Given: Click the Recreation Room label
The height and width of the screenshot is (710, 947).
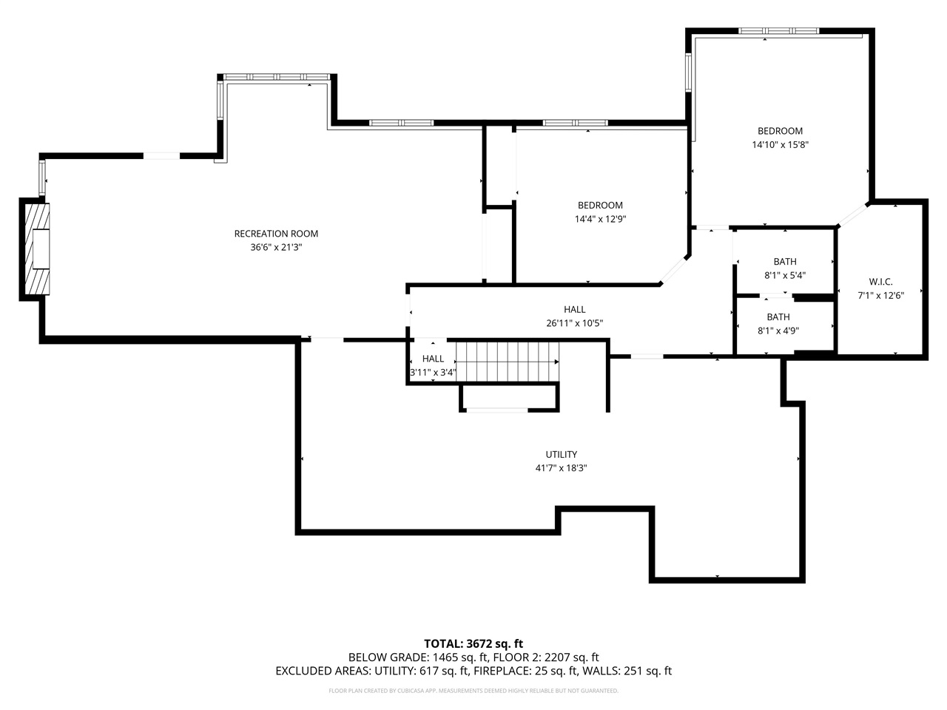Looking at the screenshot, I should pyautogui.click(x=276, y=234).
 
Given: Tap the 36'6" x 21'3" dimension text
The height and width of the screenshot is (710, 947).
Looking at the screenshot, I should pyautogui.click(x=276, y=248).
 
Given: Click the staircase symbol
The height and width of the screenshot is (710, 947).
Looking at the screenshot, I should pyautogui.click(x=506, y=362).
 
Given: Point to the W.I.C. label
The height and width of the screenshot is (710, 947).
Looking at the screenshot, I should pyautogui.click(x=880, y=281).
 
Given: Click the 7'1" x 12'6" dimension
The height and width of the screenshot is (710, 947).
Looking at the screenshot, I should pyautogui.click(x=880, y=295).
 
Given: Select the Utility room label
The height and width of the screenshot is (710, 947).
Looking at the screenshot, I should pyautogui.click(x=562, y=454).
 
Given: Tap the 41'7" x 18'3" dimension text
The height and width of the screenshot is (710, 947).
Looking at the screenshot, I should pyautogui.click(x=562, y=467).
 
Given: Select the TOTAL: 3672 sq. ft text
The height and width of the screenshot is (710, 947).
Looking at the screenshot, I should pyautogui.click(x=473, y=643).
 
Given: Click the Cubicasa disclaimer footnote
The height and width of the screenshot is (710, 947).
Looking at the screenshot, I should pyautogui.click(x=473, y=691).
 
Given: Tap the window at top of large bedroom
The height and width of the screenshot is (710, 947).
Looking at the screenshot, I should pyautogui.click(x=779, y=31).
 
